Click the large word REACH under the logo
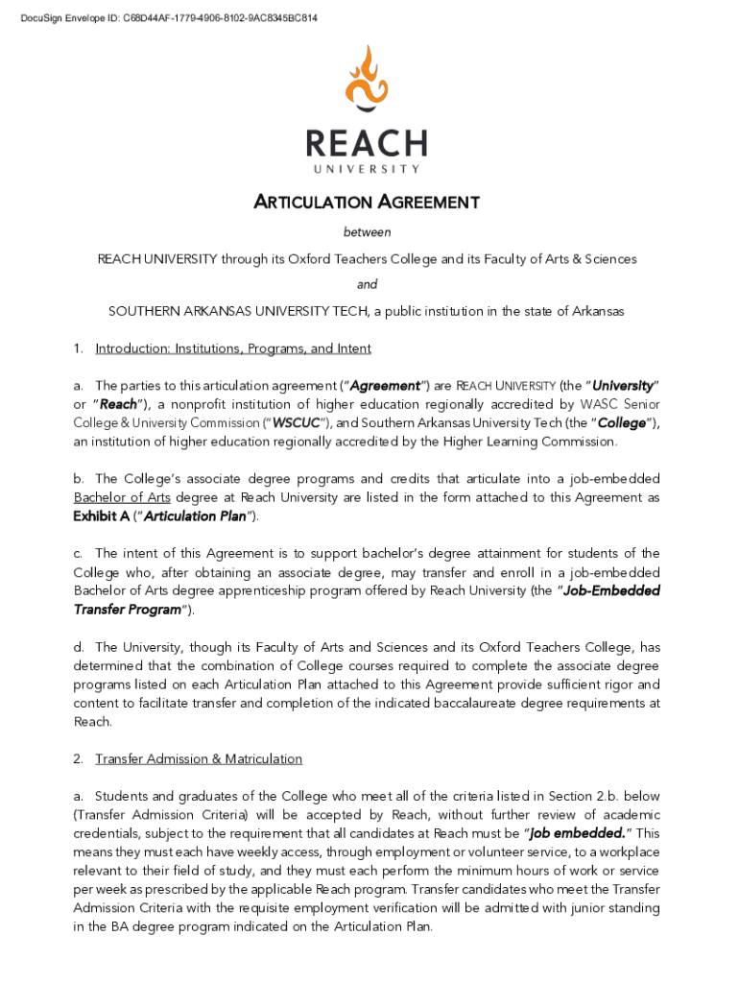coord(366,145)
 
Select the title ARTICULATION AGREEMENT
coord(366,203)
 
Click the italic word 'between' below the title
coord(368,232)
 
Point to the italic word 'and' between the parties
coord(368,284)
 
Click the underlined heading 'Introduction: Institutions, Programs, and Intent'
coord(233,348)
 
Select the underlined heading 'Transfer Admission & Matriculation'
coord(199,759)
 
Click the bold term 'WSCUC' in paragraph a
coord(296,423)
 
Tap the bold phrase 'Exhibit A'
coord(102,516)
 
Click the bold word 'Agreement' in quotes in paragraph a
coord(385,386)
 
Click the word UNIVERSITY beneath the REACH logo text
coord(366,170)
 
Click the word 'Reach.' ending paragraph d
coord(92,722)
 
